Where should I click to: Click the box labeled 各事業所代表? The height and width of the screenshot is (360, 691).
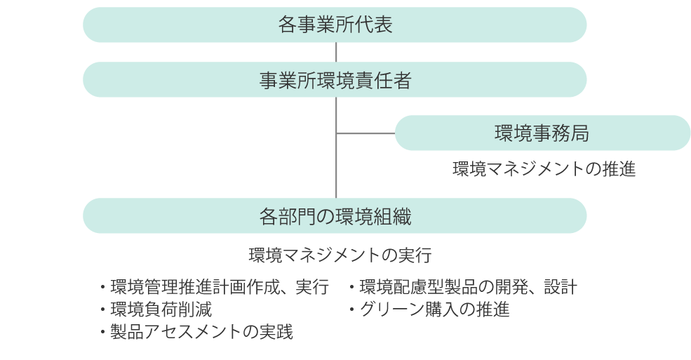pyautogui.click(x=335, y=25)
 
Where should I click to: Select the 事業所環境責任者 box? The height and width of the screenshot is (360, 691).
pyautogui.click(x=335, y=79)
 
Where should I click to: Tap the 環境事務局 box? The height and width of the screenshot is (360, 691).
pyautogui.click(x=542, y=133)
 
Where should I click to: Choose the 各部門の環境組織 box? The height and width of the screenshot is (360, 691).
pyautogui.click(x=335, y=215)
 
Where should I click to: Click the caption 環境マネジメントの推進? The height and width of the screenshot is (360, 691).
pyautogui.click(x=544, y=168)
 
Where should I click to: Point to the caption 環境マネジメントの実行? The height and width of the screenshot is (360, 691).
pyautogui.click(x=340, y=255)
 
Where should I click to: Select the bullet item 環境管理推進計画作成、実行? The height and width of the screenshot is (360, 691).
pyautogui.click(x=215, y=287)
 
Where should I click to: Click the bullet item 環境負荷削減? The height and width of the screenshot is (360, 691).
pyautogui.click(x=156, y=309)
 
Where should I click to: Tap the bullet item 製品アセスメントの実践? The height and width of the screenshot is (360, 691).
pyautogui.click(x=196, y=332)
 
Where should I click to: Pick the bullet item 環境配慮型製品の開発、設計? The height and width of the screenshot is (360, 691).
pyautogui.click(x=463, y=287)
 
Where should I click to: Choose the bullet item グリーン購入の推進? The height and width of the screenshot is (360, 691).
pyautogui.click(x=429, y=309)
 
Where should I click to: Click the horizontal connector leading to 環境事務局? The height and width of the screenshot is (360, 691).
pyautogui.click(x=365, y=133)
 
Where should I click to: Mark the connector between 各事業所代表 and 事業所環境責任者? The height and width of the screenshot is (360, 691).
pyautogui.click(x=336, y=52)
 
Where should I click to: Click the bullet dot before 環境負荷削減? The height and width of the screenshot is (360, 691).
pyautogui.click(x=102, y=309)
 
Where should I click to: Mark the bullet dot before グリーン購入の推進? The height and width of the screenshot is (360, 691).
pyautogui.click(x=352, y=309)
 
